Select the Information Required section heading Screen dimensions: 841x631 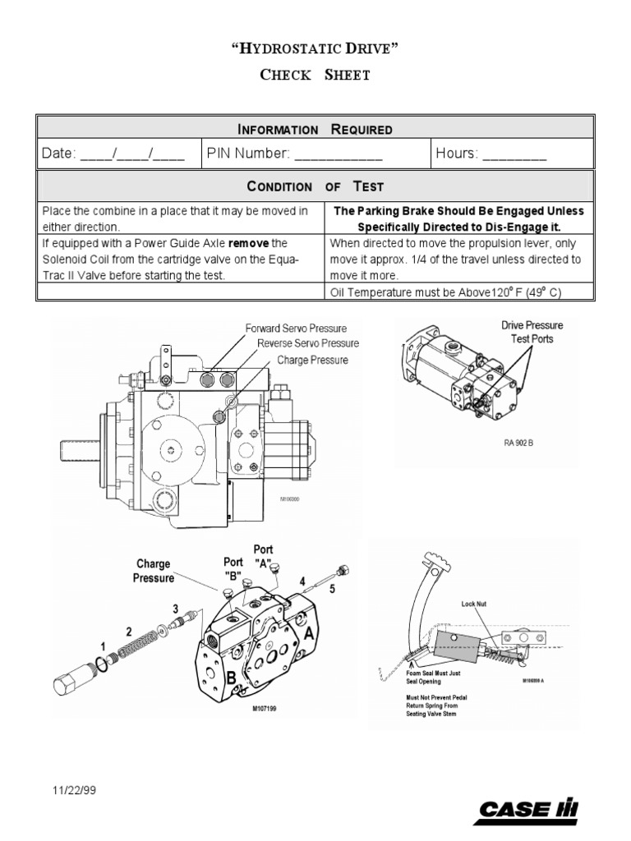point(315,129)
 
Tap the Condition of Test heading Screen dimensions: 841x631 point(315,186)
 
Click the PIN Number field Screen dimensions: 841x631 point(315,154)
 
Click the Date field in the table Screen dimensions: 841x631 point(114,154)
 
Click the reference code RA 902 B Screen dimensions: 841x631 point(519,442)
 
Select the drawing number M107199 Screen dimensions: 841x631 point(265,708)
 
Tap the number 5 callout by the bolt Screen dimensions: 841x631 point(332,588)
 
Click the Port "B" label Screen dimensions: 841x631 point(233,568)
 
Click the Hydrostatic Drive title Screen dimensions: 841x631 point(315,48)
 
